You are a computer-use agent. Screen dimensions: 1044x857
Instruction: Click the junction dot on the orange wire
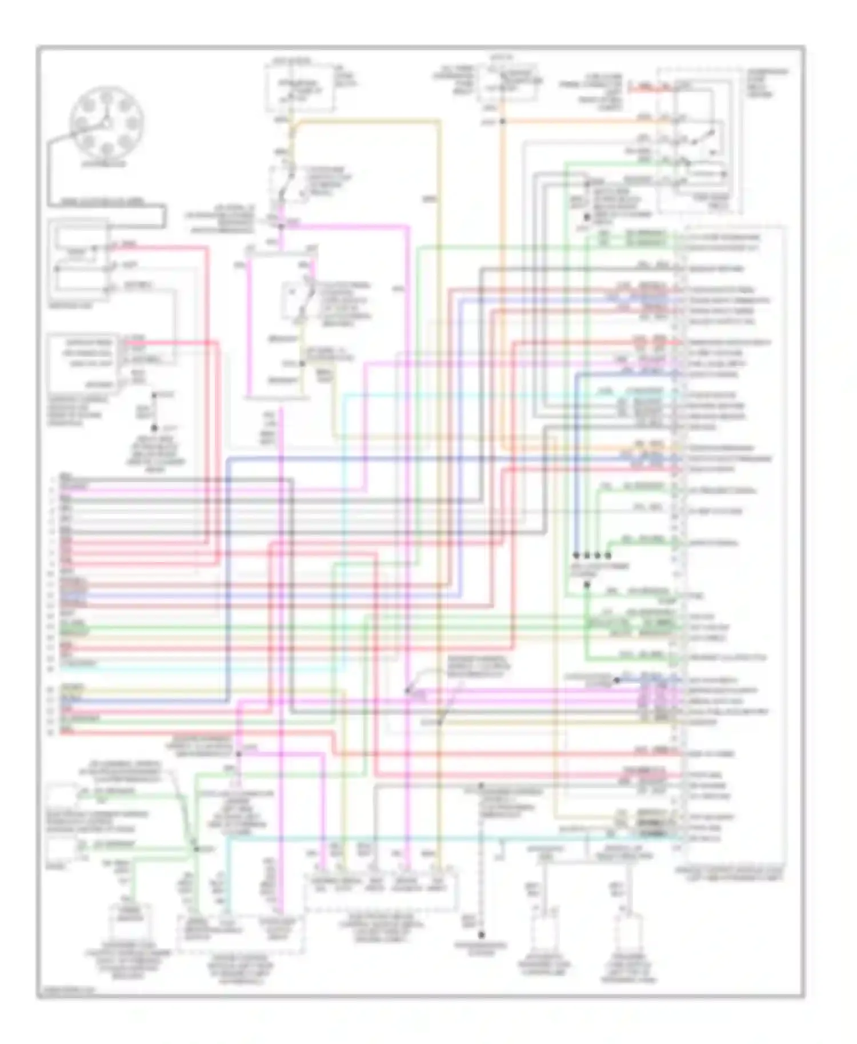click(x=502, y=122)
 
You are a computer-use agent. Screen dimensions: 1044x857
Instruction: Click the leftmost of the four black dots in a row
click(x=576, y=555)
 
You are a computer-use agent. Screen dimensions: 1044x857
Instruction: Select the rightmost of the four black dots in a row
click(x=608, y=555)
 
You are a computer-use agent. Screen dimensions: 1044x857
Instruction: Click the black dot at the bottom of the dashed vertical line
click(x=481, y=935)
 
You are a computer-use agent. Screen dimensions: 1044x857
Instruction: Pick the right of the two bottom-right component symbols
click(x=629, y=937)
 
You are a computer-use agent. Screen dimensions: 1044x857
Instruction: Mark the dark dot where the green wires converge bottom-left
click(x=195, y=849)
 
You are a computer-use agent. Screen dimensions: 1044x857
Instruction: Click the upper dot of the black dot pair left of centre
click(x=154, y=395)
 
